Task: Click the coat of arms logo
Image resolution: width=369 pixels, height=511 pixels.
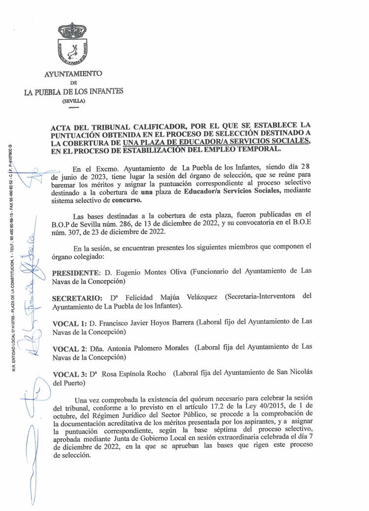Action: coord(72,43)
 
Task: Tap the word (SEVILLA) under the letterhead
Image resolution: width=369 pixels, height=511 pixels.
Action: coord(74,100)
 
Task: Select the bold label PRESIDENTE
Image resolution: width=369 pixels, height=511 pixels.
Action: coord(75,272)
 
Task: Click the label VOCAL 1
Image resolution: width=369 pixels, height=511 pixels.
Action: coord(68,322)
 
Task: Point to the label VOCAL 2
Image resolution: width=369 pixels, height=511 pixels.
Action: coord(68,348)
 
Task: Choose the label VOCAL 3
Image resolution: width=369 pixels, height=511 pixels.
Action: coord(68,374)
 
